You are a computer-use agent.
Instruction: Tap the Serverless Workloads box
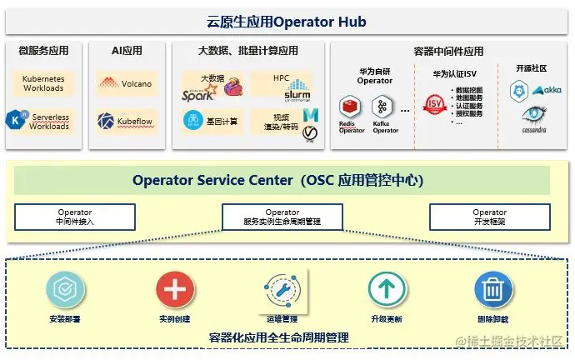43,121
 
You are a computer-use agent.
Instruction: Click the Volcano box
126,83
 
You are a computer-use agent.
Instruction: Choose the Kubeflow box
126,121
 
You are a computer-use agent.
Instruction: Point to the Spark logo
198,94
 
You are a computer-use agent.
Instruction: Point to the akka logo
547,89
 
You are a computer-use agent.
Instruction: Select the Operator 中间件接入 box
75,217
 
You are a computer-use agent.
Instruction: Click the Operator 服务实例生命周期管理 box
282,217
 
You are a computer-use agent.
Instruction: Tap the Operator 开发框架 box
490,217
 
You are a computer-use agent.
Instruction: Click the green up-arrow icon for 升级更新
387,290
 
